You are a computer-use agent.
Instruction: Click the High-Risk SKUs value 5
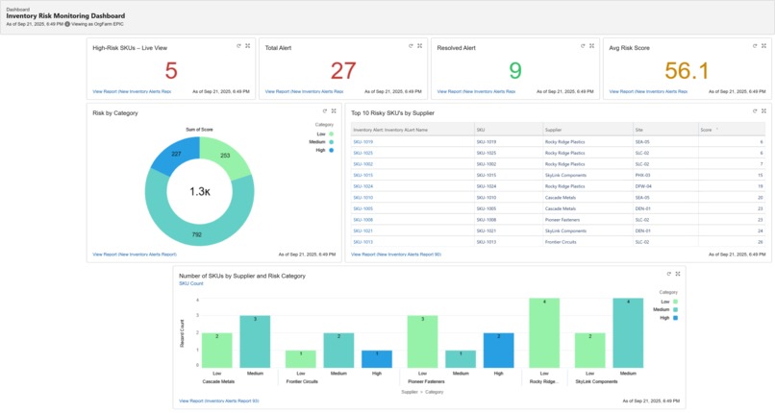[x=171, y=71]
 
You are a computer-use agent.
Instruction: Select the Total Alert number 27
[x=343, y=71]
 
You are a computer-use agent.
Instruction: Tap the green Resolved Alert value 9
[x=515, y=71]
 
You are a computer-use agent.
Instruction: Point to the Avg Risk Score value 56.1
[x=687, y=71]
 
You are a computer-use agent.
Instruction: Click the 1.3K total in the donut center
[x=199, y=191]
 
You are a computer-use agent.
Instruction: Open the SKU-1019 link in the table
[x=362, y=141]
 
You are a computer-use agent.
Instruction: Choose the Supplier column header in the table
[x=554, y=129]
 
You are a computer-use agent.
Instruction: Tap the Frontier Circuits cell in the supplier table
[x=561, y=242]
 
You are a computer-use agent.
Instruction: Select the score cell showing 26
[x=760, y=242]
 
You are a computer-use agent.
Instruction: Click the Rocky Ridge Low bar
[x=544, y=332]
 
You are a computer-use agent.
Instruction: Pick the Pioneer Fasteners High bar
[x=498, y=351]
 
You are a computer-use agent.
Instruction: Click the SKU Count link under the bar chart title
[x=190, y=283]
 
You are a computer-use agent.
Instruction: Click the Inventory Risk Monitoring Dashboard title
[x=65, y=16]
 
